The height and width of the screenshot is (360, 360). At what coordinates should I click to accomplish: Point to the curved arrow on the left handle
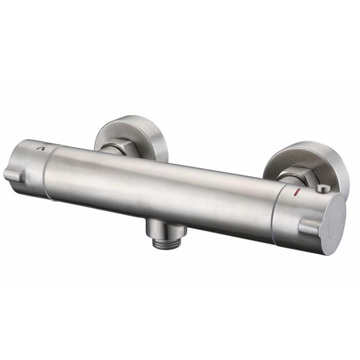[x=44, y=149]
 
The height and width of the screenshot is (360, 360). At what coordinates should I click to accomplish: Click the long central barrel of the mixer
[x=159, y=187]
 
